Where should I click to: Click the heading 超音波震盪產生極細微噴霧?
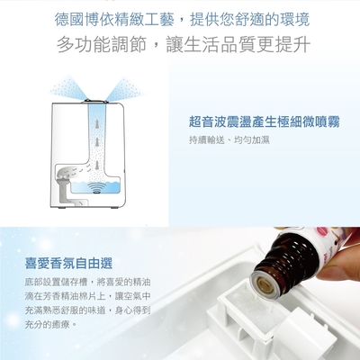click(265, 122)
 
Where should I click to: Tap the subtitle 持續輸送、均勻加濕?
click(229, 140)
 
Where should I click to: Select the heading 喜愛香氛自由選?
click(68, 264)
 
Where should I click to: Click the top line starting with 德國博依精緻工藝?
click(182, 20)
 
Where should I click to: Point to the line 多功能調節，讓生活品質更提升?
click(184, 44)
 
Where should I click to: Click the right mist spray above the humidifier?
click(125, 88)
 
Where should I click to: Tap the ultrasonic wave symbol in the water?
click(96, 189)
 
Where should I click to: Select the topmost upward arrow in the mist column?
click(96, 124)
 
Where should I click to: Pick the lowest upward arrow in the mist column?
click(96, 166)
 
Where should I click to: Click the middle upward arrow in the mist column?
click(96, 142)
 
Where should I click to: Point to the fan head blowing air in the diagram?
click(66, 174)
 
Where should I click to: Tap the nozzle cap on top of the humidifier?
click(96, 101)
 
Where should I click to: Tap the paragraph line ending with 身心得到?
click(87, 310)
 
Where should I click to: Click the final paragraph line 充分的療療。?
click(51, 324)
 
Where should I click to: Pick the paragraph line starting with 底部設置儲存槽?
click(87, 282)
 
